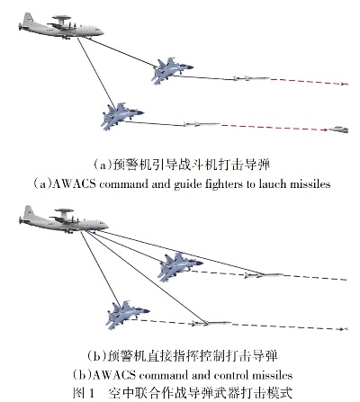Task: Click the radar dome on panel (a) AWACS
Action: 61,17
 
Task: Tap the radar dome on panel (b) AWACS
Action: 65,210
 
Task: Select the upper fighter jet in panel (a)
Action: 172,71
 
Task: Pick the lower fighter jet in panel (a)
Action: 122,116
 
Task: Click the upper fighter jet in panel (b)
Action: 180,266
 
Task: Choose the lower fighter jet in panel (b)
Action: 128,315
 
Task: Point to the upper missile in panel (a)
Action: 251,78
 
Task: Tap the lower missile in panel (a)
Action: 202,123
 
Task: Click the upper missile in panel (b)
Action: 264,274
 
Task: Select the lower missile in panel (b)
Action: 211,323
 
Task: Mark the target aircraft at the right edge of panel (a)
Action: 339,130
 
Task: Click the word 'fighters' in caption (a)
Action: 224,183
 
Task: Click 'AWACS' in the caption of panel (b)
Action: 113,375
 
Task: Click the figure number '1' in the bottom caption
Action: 92,393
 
